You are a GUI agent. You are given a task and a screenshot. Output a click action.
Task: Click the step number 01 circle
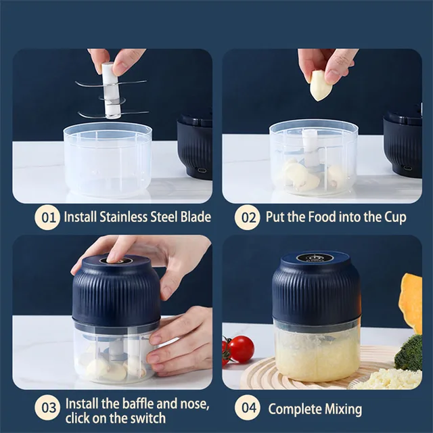point(47,217)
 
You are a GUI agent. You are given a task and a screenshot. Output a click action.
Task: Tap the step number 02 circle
point(248,217)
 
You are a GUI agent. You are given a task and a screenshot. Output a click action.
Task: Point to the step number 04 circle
point(248,409)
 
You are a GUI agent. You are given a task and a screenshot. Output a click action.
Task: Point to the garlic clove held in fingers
point(321,86)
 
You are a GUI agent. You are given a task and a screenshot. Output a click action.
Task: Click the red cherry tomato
point(240,349)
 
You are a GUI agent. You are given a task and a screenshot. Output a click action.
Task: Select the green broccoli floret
point(409,353)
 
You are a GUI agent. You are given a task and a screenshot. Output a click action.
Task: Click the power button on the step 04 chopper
point(315,258)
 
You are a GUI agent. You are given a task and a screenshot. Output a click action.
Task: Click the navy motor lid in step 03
point(116,288)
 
